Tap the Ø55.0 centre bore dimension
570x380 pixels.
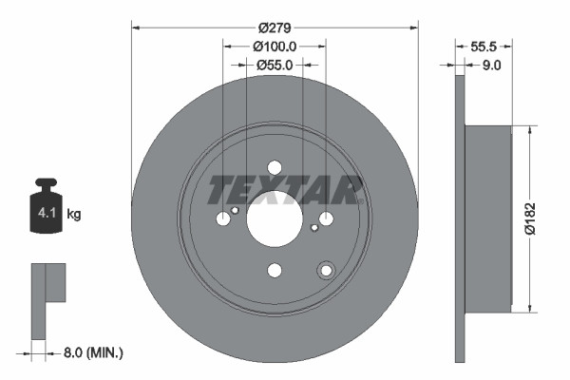[274, 65]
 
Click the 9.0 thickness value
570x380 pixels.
[493, 65]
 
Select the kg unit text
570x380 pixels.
[74, 215]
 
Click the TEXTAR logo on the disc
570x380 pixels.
[285, 190]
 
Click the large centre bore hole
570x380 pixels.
[274, 218]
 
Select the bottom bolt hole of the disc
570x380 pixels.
[275, 271]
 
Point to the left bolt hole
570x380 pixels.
[223, 219]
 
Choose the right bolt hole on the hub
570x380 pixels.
[326, 219]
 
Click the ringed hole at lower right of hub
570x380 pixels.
[326, 271]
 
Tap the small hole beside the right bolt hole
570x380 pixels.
[314, 228]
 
